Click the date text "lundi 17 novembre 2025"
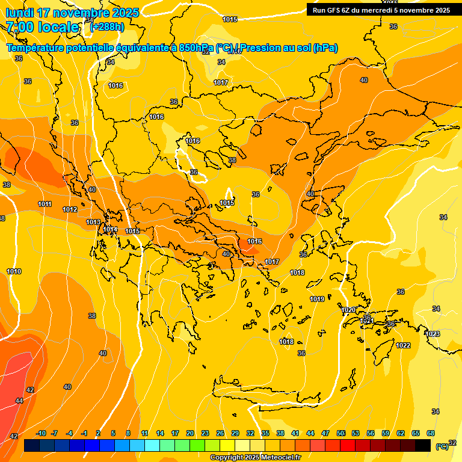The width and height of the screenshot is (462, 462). tap(72, 13)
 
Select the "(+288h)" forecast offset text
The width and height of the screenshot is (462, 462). tap(107, 27)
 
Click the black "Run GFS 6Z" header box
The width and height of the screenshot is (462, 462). tap(381, 10)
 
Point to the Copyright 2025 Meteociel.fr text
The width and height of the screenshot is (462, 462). tap(256, 458)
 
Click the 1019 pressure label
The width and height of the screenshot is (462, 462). tap(317, 300)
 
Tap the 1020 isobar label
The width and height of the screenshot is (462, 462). tap(348, 310)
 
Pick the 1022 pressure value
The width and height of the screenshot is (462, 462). tap(403, 345)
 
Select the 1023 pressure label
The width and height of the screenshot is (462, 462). tap(433, 334)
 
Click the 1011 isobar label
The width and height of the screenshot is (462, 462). tap(45, 204)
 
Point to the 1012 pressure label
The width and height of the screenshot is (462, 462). tap(70, 209)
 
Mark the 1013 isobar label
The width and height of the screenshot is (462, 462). tap(93, 222)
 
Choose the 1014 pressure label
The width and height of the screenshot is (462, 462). tap(110, 229)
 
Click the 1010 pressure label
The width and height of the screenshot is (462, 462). tap(14, 271)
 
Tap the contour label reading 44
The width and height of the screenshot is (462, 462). tap(19, 401)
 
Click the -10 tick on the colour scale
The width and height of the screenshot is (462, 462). tap(41, 433)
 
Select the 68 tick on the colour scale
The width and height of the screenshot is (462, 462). tap(431, 433)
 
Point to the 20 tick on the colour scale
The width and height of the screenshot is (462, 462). tap(190, 433)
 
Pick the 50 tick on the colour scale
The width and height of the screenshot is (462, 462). tap(340, 433)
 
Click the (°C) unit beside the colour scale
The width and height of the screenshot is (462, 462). tap(442, 446)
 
